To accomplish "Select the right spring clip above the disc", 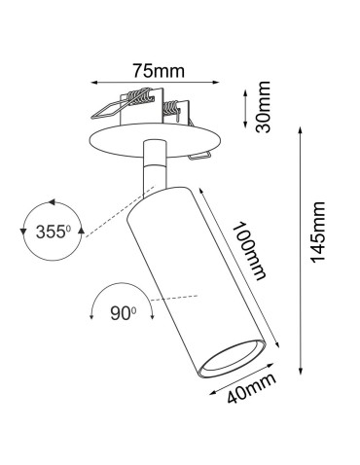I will coord(176,109).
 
